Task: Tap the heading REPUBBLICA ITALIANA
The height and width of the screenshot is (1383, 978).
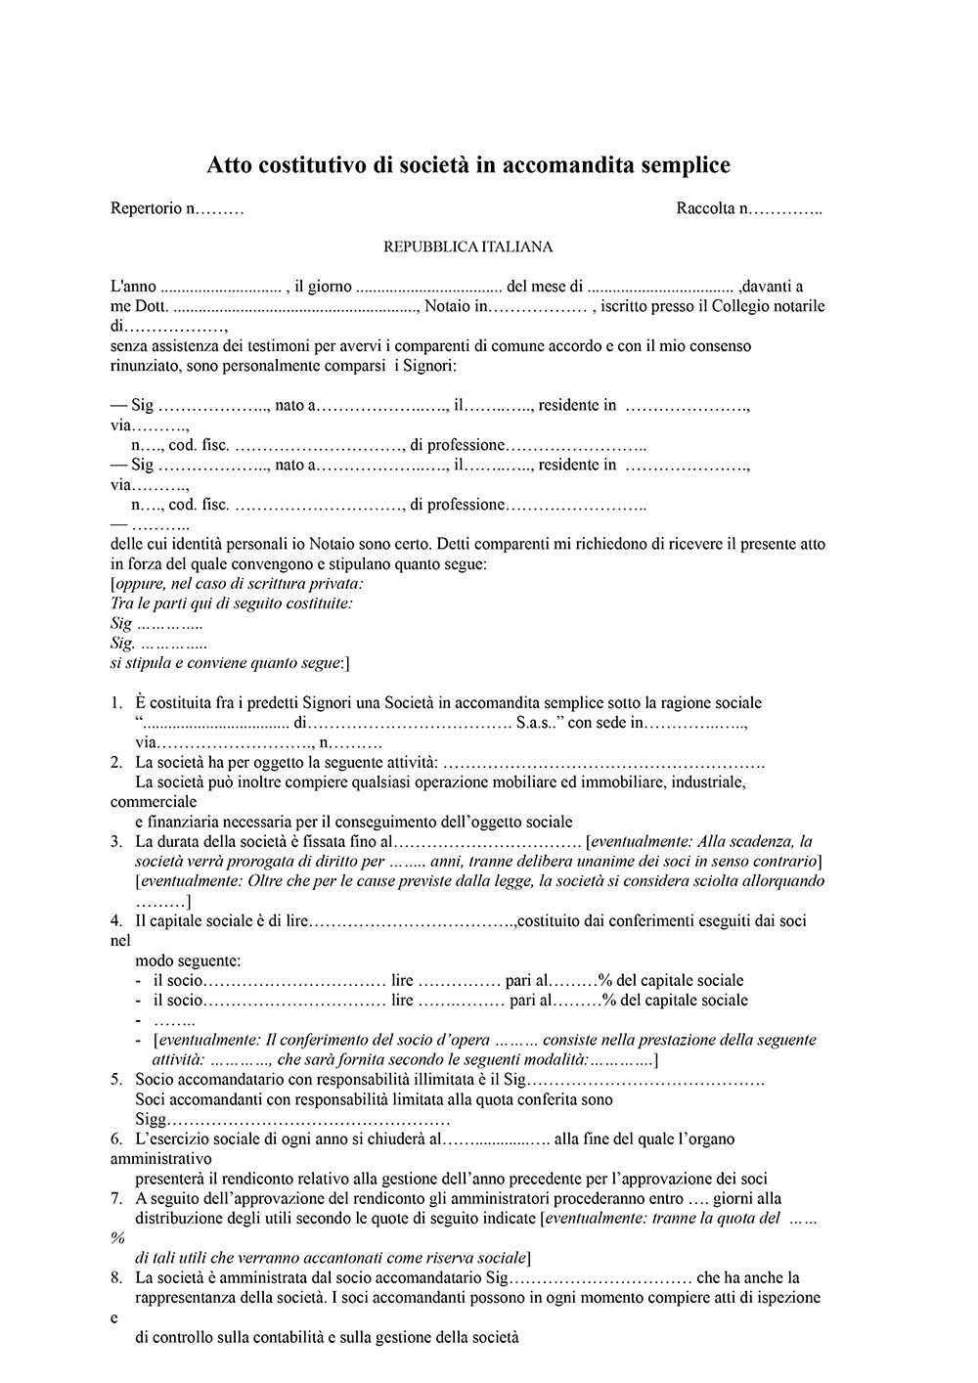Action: (467, 247)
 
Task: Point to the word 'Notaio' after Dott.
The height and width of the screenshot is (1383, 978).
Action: (450, 306)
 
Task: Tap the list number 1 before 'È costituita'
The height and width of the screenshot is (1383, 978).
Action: (116, 703)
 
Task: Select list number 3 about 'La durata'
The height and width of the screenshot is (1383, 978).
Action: (116, 842)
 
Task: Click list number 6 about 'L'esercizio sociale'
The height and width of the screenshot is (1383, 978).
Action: (116, 1139)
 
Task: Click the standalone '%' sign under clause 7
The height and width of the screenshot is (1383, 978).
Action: (117, 1238)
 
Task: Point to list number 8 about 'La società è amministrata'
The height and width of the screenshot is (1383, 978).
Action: (116, 1278)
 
